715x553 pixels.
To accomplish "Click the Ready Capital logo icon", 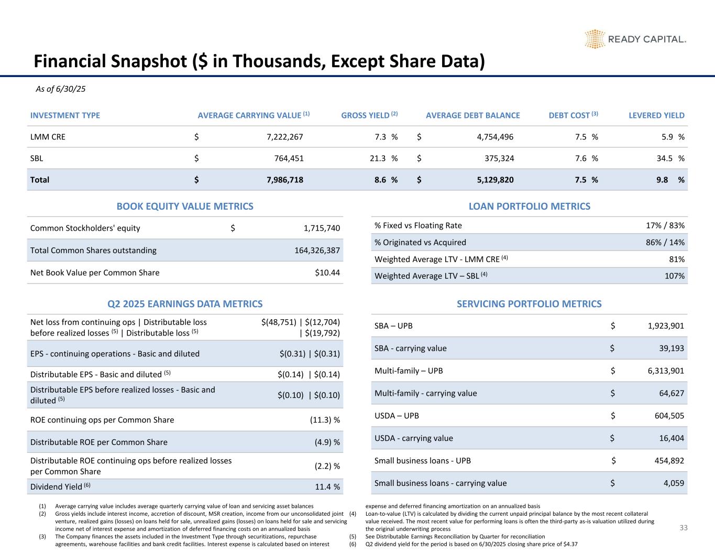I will [x=595, y=39].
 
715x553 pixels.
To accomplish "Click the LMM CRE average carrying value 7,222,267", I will [x=284, y=137].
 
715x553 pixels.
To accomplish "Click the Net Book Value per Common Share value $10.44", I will [x=326, y=273].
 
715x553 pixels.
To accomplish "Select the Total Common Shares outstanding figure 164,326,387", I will [x=317, y=251].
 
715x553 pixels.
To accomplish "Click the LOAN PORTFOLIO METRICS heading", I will [x=529, y=207].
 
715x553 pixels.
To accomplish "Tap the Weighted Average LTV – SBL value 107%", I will [x=674, y=276].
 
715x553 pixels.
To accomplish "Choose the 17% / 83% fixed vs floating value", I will [x=665, y=225].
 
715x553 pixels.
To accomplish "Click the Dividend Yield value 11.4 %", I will [x=327, y=487].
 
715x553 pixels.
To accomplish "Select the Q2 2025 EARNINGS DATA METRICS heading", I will [x=185, y=304].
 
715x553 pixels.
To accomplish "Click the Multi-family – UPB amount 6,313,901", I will [x=663, y=371].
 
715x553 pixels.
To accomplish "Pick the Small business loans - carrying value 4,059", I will [x=673, y=483].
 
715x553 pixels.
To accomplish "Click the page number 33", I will [x=683, y=528].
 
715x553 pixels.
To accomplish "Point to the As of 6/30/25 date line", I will [x=60, y=89].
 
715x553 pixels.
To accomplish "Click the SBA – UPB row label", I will [x=393, y=326].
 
